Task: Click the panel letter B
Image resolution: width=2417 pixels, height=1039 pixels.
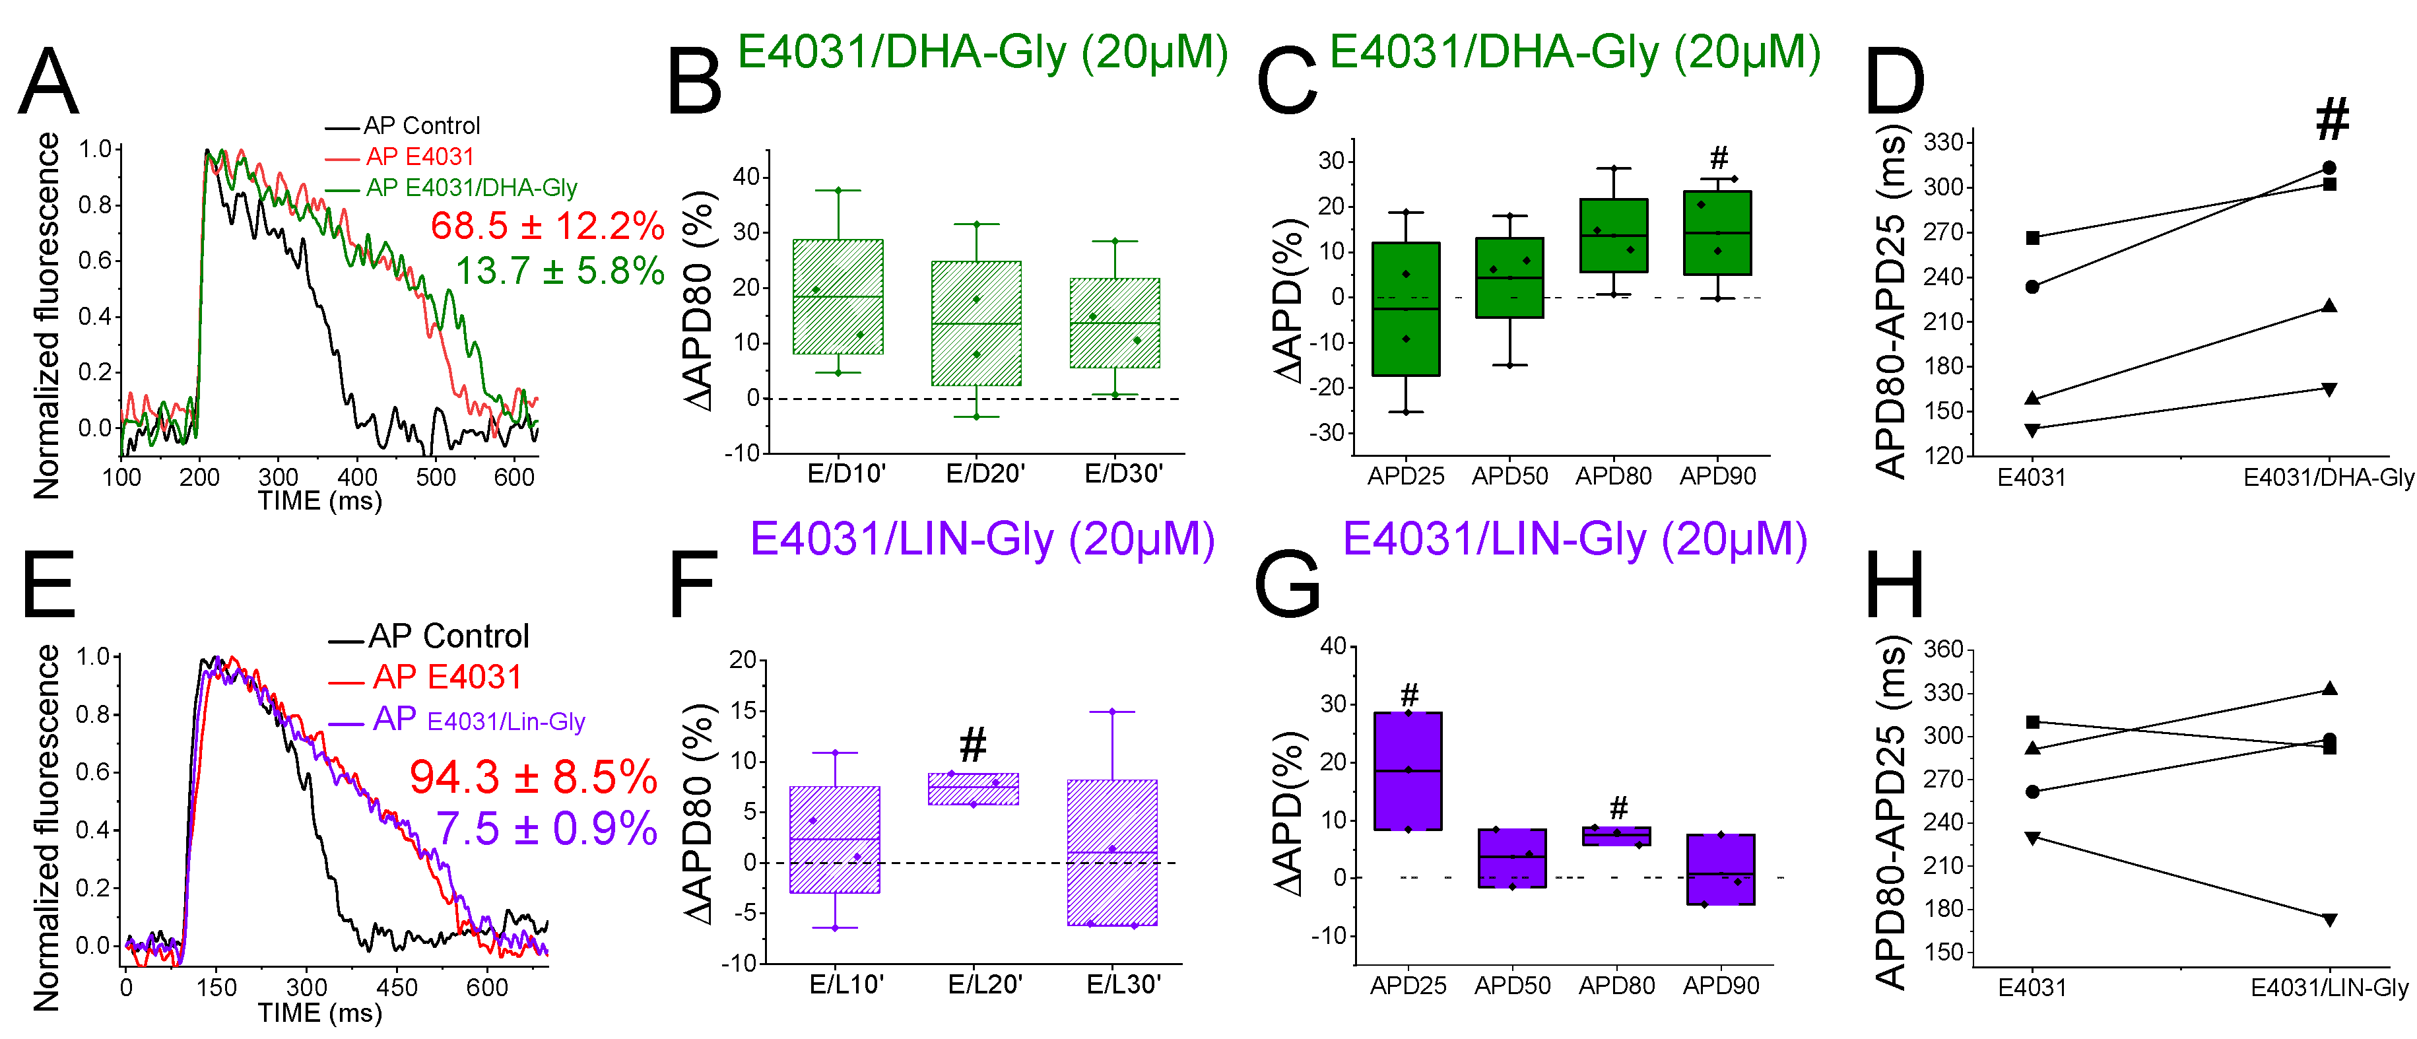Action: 694,83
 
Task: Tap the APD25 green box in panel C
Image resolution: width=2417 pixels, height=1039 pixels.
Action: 1406,309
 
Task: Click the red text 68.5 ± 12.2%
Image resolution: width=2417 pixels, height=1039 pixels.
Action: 548,226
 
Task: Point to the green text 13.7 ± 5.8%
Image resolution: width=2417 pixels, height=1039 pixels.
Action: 560,271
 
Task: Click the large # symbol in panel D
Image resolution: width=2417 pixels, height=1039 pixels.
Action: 2332,120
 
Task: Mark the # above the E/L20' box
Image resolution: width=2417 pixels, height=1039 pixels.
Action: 973,745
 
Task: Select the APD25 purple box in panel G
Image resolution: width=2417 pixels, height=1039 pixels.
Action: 1407,770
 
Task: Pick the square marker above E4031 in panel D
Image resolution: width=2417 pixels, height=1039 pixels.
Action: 2032,238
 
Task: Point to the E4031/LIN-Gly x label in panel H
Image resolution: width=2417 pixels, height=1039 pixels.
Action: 2329,988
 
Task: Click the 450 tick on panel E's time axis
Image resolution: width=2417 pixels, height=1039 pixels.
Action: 396,988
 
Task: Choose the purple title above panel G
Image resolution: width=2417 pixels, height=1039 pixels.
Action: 1574,540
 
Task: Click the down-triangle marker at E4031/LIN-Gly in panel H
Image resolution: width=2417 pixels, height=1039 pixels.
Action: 2329,920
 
